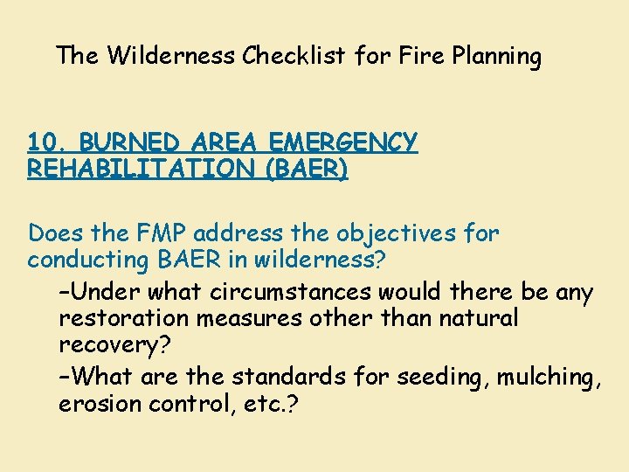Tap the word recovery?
[114, 344]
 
